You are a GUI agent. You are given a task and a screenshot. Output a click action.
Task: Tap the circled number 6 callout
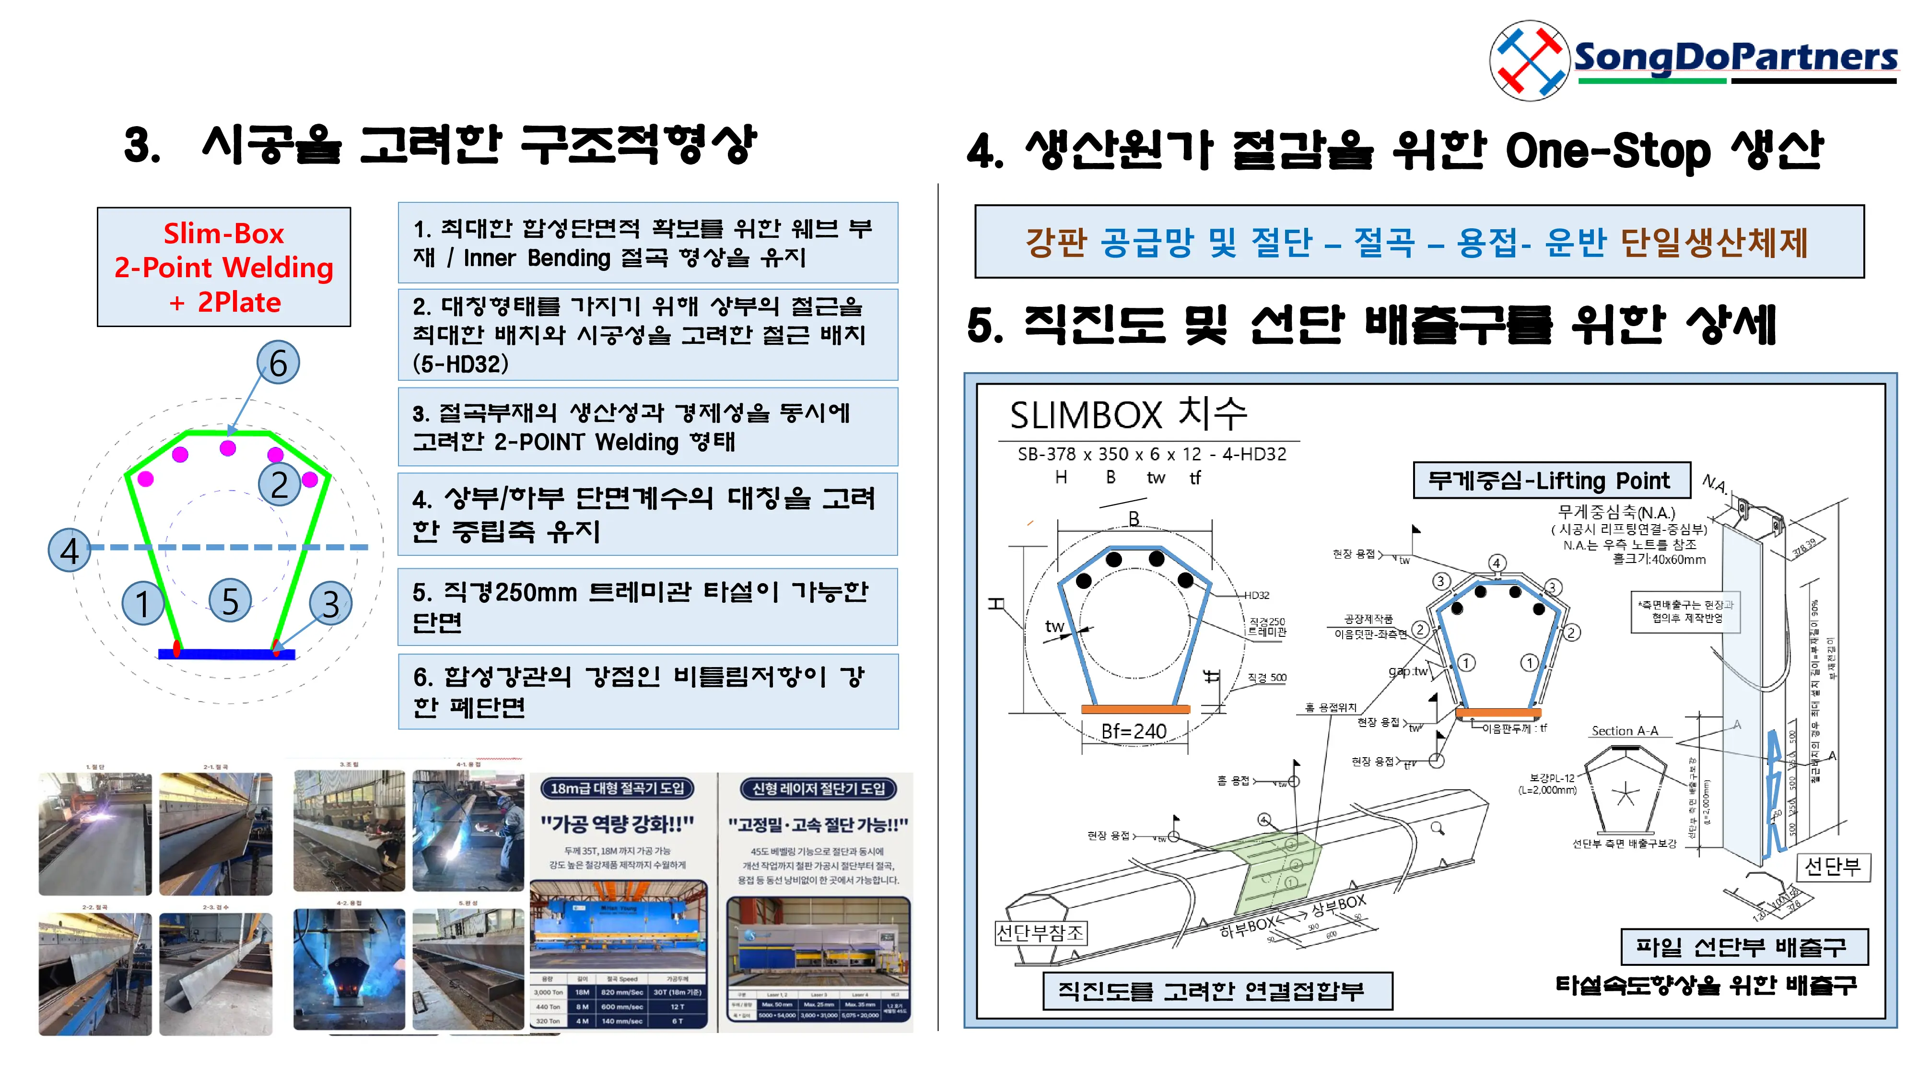[278, 363]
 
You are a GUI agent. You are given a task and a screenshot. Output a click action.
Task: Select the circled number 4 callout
[69, 551]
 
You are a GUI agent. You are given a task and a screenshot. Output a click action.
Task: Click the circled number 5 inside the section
[230, 601]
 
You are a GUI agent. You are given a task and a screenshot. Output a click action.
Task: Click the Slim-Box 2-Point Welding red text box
[223, 267]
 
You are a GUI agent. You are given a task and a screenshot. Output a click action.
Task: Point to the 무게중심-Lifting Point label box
[1551, 481]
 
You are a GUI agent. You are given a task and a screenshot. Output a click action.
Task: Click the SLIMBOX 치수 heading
[1127, 414]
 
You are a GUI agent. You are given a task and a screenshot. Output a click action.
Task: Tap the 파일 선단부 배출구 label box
[1743, 947]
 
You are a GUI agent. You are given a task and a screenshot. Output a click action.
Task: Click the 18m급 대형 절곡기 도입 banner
[617, 788]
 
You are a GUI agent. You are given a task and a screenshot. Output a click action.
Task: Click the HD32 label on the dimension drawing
[1256, 596]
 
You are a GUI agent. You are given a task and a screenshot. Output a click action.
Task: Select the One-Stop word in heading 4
[1607, 151]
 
